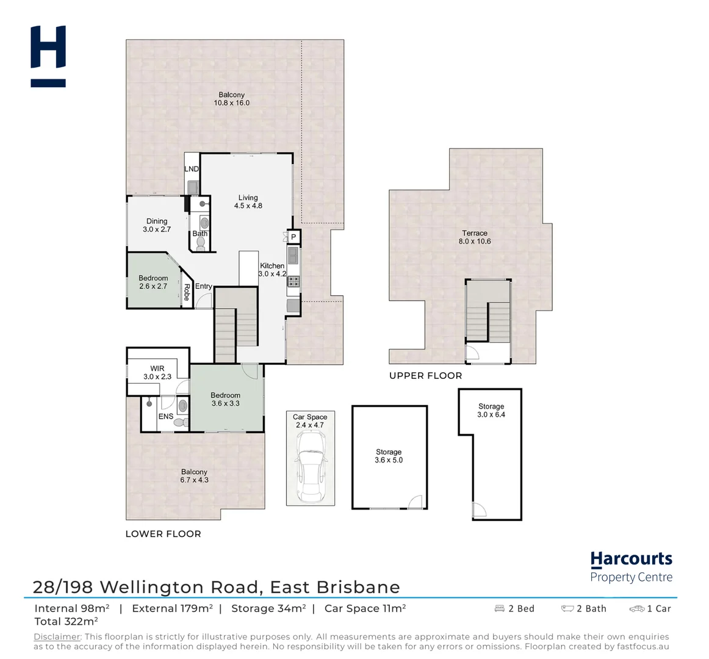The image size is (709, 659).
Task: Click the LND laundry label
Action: pyautogui.click(x=192, y=169)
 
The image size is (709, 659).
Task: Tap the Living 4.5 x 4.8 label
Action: pyautogui.click(x=248, y=202)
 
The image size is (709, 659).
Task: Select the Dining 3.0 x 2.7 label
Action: pyautogui.click(x=157, y=225)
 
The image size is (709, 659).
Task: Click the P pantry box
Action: pyautogui.click(x=293, y=237)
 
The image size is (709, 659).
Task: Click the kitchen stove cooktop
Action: pyautogui.click(x=293, y=281)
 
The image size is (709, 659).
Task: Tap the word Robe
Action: pyautogui.click(x=187, y=292)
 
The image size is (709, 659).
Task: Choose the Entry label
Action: pyautogui.click(x=204, y=286)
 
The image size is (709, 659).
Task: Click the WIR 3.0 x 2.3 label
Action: pyautogui.click(x=157, y=373)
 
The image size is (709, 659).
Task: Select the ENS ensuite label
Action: pyautogui.click(x=165, y=416)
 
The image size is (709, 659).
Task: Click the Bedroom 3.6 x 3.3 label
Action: pyautogui.click(x=225, y=399)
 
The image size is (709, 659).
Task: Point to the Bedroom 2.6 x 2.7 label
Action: pyautogui.click(x=153, y=282)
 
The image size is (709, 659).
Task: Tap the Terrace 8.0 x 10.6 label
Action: pyautogui.click(x=475, y=237)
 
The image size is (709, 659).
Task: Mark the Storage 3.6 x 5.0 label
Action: pyautogui.click(x=389, y=456)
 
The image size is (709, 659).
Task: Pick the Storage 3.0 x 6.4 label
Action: pyautogui.click(x=491, y=410)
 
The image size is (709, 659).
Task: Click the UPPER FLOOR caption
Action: pyautogui.click(x=426, y=376)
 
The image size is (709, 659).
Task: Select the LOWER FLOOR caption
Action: pyautogui.click(x=163, y=534)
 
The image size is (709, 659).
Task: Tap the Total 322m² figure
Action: pyautogui.click(x=66, y=622)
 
